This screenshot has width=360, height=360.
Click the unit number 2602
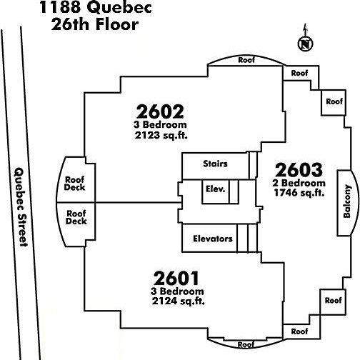tap(160, 111)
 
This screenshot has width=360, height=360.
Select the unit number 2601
tap(176, 279)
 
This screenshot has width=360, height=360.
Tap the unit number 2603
tap(299, 170)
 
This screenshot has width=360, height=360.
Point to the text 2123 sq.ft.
tap(161, 135)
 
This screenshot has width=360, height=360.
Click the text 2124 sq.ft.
tap(179, 301)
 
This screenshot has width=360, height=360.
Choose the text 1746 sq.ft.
tap(299, 192)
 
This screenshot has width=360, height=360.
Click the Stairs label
tap(215, 164)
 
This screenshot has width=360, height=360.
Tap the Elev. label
tap(215, 189)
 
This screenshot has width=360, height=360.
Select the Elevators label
tap(213, 239)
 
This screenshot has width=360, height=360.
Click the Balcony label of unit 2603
tap(347, 201)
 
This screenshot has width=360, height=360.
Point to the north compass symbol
tap(306, 44)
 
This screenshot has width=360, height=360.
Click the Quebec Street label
tap(21, 207)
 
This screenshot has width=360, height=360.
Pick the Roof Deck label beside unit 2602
tap(74, 184)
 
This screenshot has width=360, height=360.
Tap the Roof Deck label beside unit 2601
tap(76, 217)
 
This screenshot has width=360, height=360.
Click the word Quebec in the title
tap(119, 8)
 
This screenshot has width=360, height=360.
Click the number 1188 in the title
tap(60, 7)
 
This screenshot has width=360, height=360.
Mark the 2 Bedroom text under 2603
tap(299, 183)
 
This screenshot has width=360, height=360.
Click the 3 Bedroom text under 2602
tap(160, 124)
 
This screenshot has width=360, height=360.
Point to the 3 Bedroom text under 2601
tap(177, 291)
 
